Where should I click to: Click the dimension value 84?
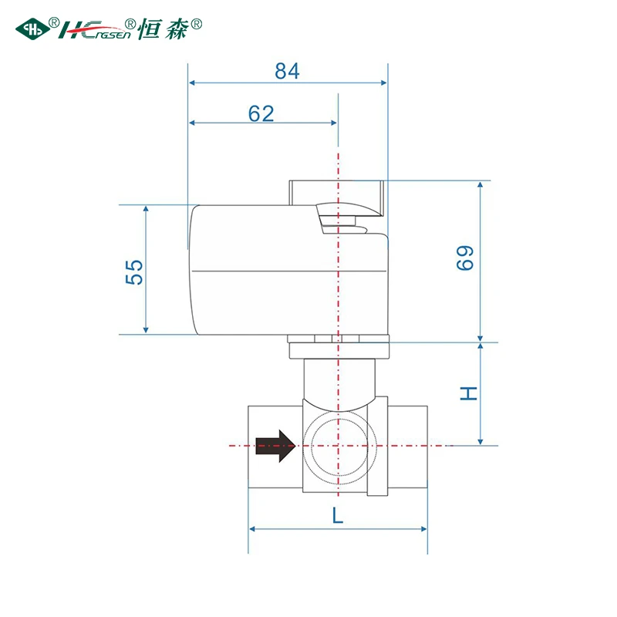[287, 71]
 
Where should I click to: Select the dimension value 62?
[261, 113]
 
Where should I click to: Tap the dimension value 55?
[134, 272]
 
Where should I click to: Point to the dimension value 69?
[465, 258]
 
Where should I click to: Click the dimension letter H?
[469, 393]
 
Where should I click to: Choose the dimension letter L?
[338, 515]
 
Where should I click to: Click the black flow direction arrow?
[275, 446]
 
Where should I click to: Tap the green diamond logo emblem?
[32, 29]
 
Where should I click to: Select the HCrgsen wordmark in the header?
[94, 30]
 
